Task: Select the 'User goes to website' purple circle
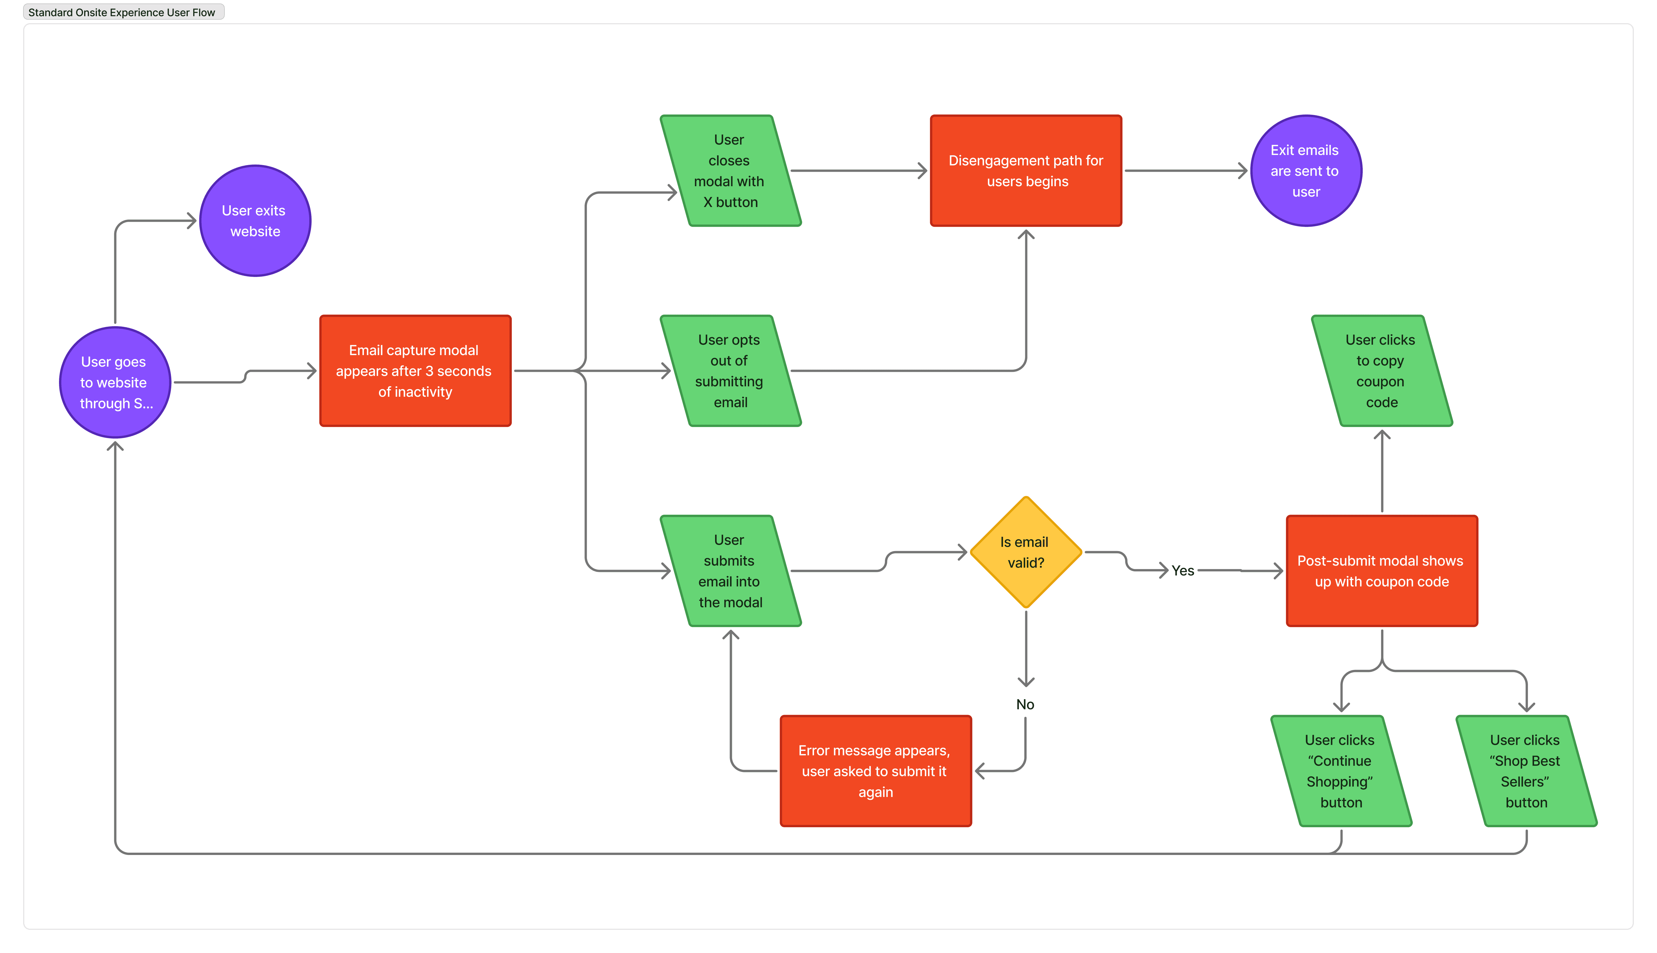(x=115, y=382)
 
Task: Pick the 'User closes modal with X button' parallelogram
(x=730, y=171)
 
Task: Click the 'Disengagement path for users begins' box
(x=1026, y=171)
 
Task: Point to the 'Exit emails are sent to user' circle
(x=1306, y=171)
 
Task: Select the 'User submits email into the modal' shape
(x=730, y=571)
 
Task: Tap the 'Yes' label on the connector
(x=1182, y=571)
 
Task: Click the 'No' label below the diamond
(x=1025, y=704)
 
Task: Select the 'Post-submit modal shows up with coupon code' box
(x=1382, y=571)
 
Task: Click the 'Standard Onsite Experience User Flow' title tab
(x=123, y=12)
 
